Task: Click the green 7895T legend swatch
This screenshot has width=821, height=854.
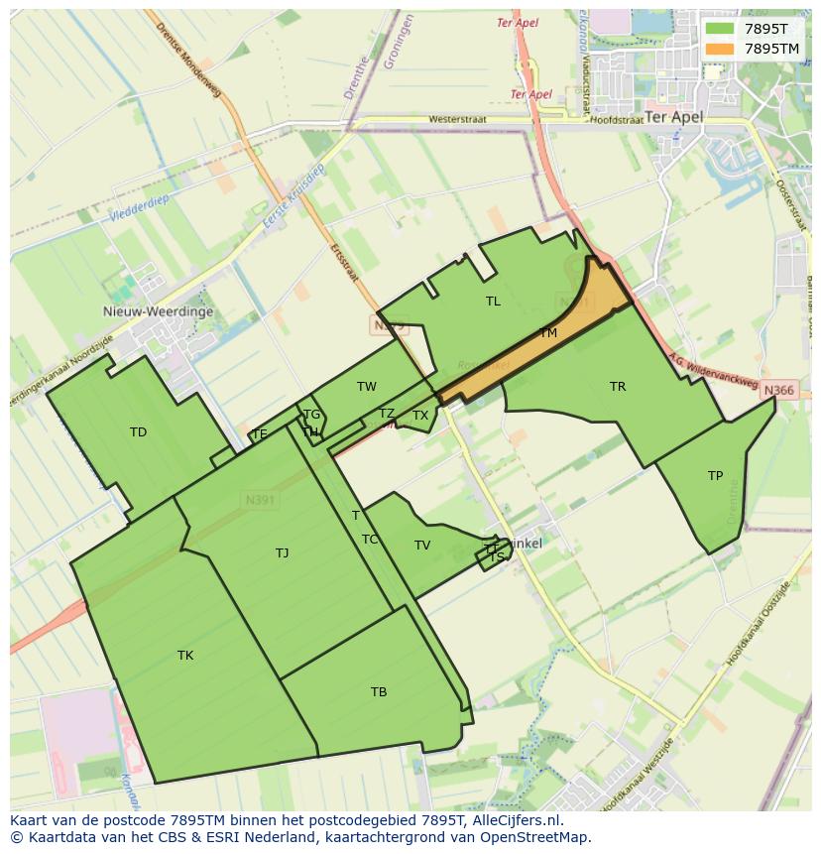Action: (720, 29)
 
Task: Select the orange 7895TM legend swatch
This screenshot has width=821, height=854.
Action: (720, 49)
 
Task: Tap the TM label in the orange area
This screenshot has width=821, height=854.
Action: (548, 333)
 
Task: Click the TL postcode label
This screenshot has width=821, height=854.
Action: (493, 302)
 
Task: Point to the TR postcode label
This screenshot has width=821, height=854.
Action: (618, 387)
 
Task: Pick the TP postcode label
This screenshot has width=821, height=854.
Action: (715, 476)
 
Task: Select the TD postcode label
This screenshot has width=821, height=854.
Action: (138, 432)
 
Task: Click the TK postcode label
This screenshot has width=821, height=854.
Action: (185, 656)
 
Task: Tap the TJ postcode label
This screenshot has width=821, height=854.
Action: (283, 553)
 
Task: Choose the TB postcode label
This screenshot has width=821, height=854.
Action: (379, 692)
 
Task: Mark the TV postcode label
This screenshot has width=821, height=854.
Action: (422, 546)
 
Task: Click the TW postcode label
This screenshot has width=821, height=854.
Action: (367, 387)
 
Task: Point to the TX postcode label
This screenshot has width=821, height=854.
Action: (420, 416)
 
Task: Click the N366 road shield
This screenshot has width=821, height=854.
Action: (779, 391)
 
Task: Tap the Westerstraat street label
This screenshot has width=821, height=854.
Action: (457, 120)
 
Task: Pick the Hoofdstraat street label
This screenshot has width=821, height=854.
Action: (616, 120)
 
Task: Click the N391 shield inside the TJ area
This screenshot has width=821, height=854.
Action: (260, 501)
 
